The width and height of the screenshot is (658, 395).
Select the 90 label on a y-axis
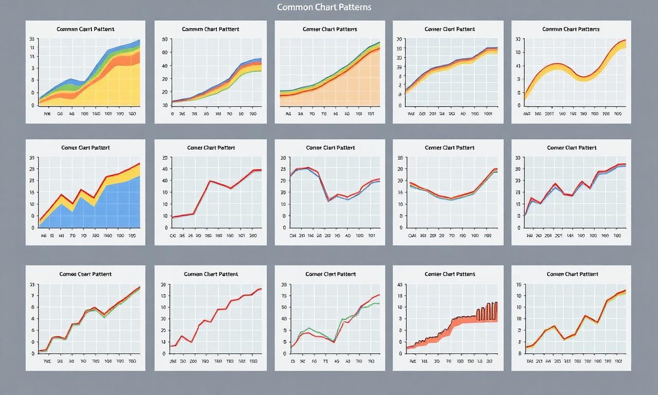[x=165, y=39]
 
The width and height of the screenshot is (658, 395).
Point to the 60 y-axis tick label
[x=165, y=52]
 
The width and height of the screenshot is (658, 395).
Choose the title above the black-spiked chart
[x=450, y=274]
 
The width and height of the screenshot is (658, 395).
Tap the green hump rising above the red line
[x=308, y=329]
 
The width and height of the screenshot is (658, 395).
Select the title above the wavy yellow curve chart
[x=571, y=29]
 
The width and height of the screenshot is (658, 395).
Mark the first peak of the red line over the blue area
[x=61, y=195]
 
